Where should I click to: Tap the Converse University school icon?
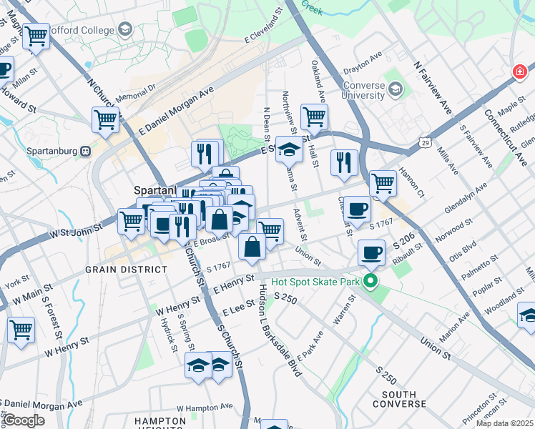tap(396, 90)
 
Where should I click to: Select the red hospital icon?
tap(519, 72)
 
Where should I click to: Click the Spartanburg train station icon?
tap(85, 151)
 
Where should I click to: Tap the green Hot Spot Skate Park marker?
tap(370, 281)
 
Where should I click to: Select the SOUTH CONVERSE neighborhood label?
tap(408, 399)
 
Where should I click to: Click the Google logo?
tap(24, 420)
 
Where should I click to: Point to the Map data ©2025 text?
tap(504, 423)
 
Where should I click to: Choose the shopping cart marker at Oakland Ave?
tap(314, 116)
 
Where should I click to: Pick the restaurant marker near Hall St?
tap(344, 162)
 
